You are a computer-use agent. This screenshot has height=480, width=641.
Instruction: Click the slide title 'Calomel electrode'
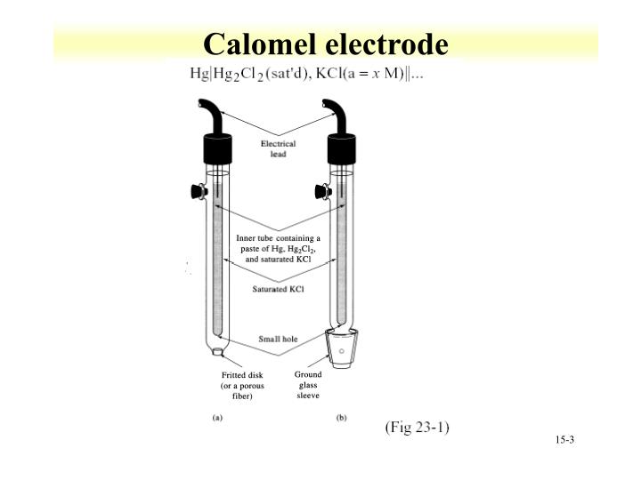pos(325,44)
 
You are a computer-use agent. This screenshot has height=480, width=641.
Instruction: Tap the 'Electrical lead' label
pos(279,148)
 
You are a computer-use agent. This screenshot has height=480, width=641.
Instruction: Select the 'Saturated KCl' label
pos(278,292)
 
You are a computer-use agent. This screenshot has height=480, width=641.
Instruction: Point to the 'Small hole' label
pos(278,339)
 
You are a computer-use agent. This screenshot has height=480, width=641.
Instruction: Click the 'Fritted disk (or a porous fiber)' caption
pos(242,386)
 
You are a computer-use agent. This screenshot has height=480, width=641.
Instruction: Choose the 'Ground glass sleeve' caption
pos(308,386)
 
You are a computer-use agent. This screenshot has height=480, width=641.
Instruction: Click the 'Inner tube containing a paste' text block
pos(278,249)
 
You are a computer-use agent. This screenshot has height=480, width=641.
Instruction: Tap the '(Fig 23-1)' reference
pos(417,428)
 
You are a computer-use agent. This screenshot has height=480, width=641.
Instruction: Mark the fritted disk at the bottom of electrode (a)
pos(217,354)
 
